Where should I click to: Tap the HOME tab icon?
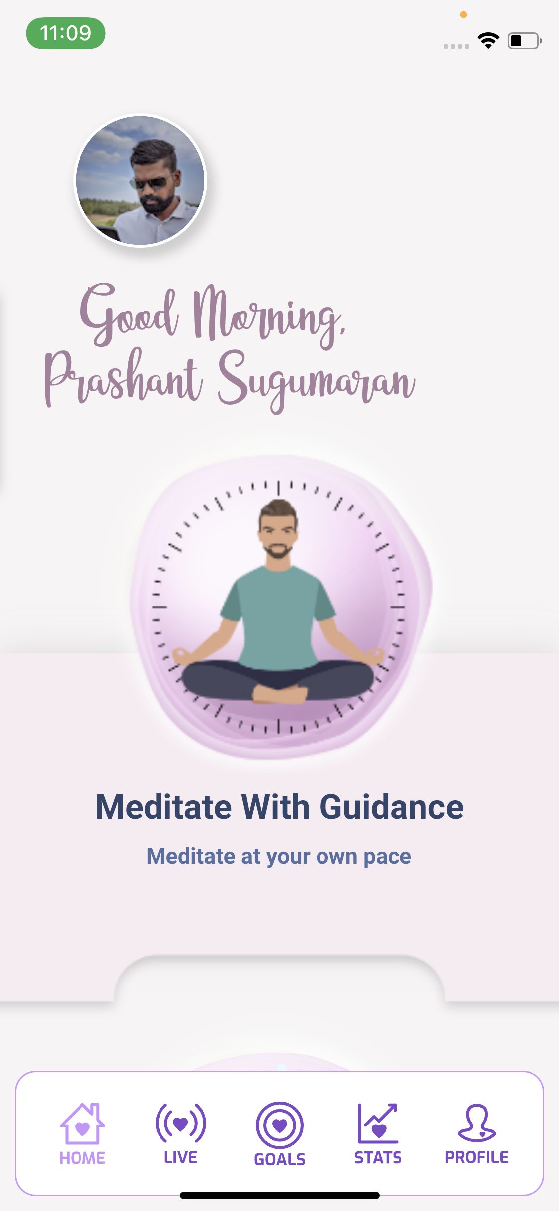[82, 1124]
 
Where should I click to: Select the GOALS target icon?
[280, 1125]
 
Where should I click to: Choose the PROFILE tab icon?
[477, 1123]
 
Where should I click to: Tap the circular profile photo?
[140, 180]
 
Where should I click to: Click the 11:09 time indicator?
[66, 33]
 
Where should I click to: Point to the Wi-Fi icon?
[488, 40]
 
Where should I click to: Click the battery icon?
[525, 41]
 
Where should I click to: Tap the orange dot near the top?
[463, 15]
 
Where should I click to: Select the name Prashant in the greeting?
[123, 376]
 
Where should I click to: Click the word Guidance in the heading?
[392, 806]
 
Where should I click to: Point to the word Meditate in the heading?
[163, 806]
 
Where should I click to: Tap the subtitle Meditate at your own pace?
[279, 856]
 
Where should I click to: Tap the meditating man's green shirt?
[278, 616]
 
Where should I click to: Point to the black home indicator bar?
[280, 1195]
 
